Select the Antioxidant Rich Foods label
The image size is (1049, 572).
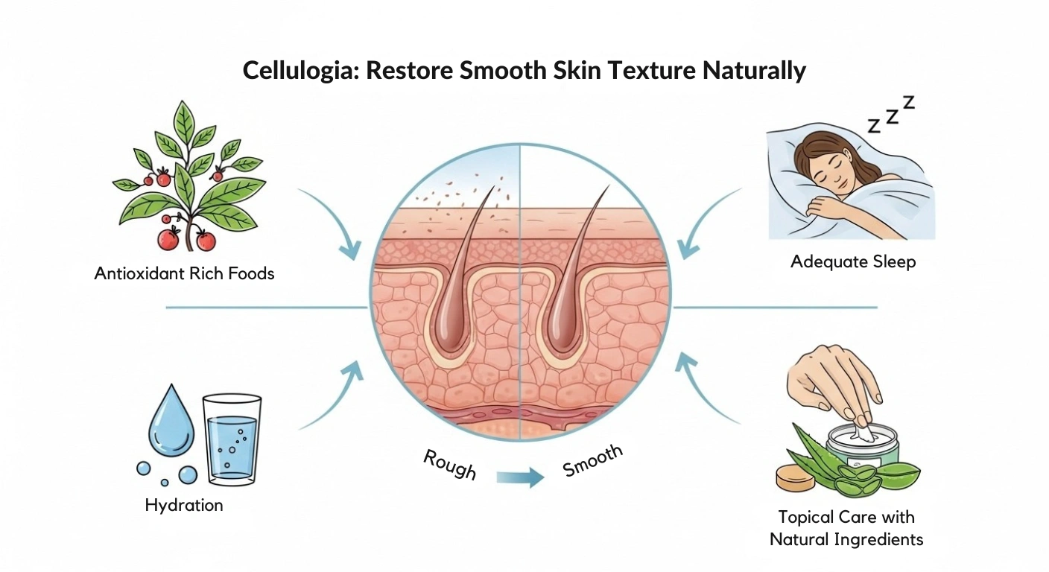pyautogui.click(x=184, y=273)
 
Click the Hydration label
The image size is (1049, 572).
pyautogui.click(x=184, y=505)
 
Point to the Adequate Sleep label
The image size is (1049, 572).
pyautogui.click(x=853, y=261)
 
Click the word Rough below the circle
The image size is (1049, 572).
pyautogui.click(x=450, y=464)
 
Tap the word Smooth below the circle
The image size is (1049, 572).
pyautogui.click(x=592, y=461)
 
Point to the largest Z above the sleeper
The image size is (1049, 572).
pyautogui.click(x=908, y=103)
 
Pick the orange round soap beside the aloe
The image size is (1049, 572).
pyautogui.click(x=793, y=477)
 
